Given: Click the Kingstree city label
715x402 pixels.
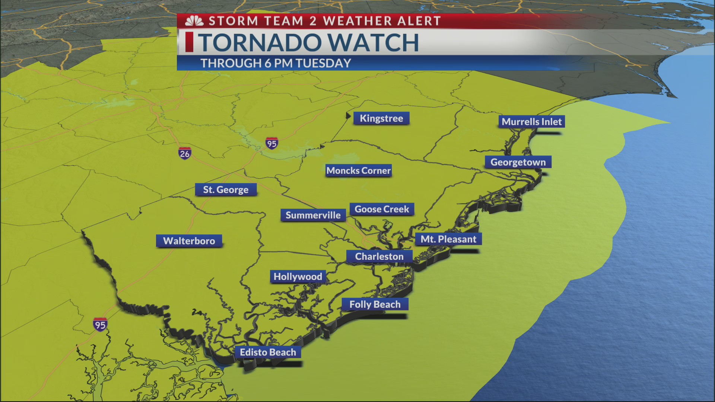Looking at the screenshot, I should click(381, 118).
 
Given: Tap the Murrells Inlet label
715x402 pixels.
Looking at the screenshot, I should click(531, 122).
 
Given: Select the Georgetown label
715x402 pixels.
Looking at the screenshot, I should click(518, 162).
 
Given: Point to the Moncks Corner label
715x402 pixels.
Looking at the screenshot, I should click(358, 170).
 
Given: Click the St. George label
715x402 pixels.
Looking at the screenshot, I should click(226, 190).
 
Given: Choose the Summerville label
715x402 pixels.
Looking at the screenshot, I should click(313, 215).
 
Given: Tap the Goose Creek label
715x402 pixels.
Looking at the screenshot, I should click(382, 209).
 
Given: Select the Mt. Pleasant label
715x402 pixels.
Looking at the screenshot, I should click(448, 239).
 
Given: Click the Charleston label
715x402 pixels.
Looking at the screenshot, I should click(379, 256).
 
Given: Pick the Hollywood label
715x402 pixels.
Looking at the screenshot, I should click(298, 277).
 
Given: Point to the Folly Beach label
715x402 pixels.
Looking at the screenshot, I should click(375, 304).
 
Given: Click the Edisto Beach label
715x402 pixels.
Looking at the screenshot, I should click(268, 352).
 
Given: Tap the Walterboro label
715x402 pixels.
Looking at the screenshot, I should click(189, 241).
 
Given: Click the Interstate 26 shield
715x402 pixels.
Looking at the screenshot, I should click(185, 153).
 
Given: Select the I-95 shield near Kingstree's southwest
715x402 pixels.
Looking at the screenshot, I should click(271, 143).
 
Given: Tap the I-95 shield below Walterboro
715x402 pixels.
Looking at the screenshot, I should click(100, 325).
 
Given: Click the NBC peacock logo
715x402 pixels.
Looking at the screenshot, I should click(194, 21).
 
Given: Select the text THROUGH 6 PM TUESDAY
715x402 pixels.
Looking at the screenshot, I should click(276, 63).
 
